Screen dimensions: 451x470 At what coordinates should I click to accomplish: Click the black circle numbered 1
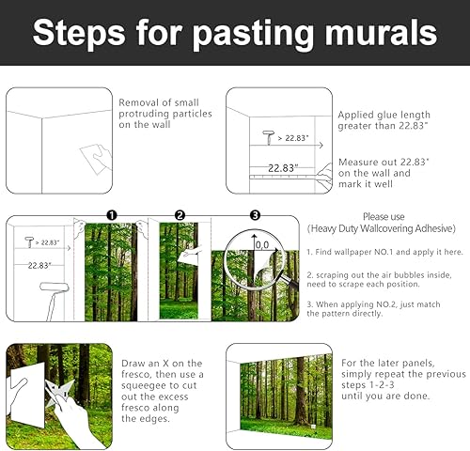tap(111, 214)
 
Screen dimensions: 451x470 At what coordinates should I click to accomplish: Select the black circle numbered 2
tap(180, 214)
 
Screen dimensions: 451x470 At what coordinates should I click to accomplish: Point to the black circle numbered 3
tap(253, 214)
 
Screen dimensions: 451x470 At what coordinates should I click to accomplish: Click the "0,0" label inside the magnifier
tap(262, 244)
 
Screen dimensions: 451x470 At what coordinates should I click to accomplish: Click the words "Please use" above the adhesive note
tap(383, 216)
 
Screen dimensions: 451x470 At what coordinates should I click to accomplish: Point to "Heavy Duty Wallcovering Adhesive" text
tap(382, 228)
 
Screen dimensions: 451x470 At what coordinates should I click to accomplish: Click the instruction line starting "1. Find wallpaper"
tap(383, 252)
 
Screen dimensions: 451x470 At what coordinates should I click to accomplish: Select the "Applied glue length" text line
tap(382, 116)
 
